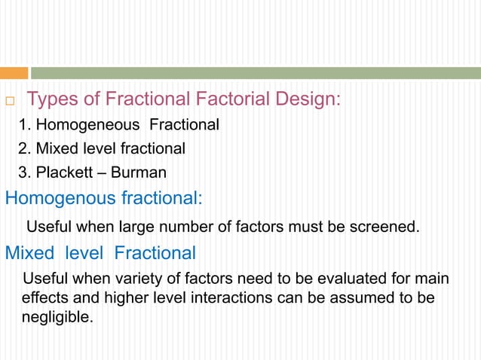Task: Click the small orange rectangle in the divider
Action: (x=14, y=73)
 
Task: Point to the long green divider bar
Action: (x=255, y=73)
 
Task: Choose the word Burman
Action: (x=139, y=172)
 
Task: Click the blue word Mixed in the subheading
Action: (x=30, y=252)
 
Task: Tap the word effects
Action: (x=44, y=297)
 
